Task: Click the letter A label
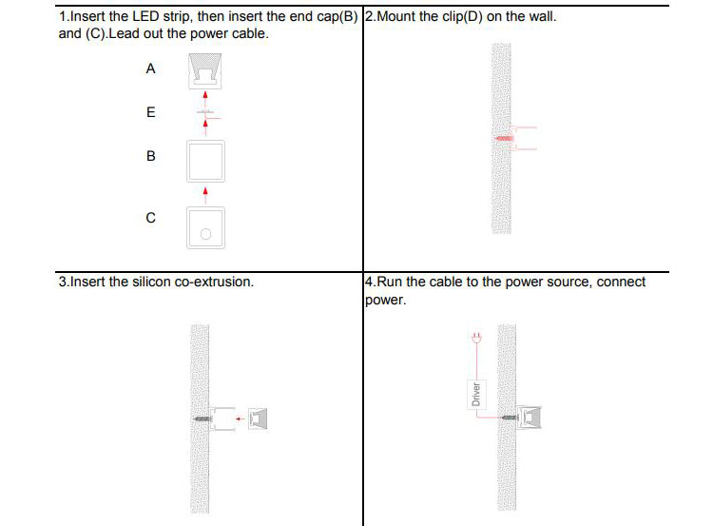point(150,69)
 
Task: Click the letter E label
point(150,112)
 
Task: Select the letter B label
point(150,156)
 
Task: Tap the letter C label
point(150,218)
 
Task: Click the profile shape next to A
point(205,70)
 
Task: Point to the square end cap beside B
point(205,161)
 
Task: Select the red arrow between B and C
point(205,193)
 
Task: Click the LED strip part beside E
point(205,113)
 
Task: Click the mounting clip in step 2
point(525,139)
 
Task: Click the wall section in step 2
point(501,190)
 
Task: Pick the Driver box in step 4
point(476,394)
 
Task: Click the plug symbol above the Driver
point(476,337)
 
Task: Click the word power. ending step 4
point(385,300)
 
